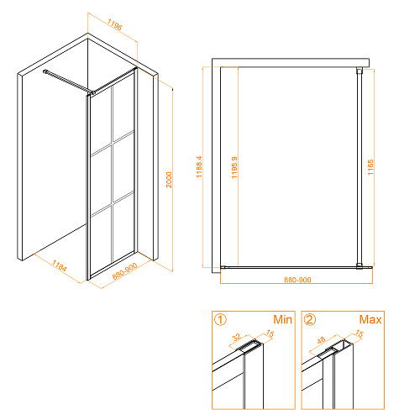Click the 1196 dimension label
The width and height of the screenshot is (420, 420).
(x=115, y=24)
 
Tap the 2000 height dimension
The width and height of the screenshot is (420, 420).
(x=169, y=180)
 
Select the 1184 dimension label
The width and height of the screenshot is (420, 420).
(x=60, y=266)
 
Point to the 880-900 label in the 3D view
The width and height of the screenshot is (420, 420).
(x=125, y=271)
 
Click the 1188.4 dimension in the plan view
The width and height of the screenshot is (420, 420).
(x=199, y=167)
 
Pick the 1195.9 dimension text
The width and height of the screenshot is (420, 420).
(x=234, y=167)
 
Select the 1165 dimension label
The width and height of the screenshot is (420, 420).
(x=370, y=167)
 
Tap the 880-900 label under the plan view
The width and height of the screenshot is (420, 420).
(x=297, y=280)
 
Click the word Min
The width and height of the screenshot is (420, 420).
(x=282, y=319)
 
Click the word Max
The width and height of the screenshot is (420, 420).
(x=370, y=319)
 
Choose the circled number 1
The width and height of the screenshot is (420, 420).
(x=220, y=319)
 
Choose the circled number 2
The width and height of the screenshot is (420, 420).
(x=310, y=319)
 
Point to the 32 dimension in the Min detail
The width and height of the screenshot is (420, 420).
(x=237, y=337)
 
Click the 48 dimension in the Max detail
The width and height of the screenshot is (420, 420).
(x=321, y=340)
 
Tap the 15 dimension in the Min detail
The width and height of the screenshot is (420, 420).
(x=270, y=333)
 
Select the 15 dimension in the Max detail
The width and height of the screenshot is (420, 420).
(x=360, y=333)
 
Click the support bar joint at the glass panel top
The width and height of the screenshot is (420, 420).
(x=91, y=92)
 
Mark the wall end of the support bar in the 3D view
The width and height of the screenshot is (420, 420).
(x=45, y=71)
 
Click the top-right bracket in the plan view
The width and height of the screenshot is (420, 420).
(x=360, y=70)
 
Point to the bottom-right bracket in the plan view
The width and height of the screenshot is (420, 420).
(x=360, y=266)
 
